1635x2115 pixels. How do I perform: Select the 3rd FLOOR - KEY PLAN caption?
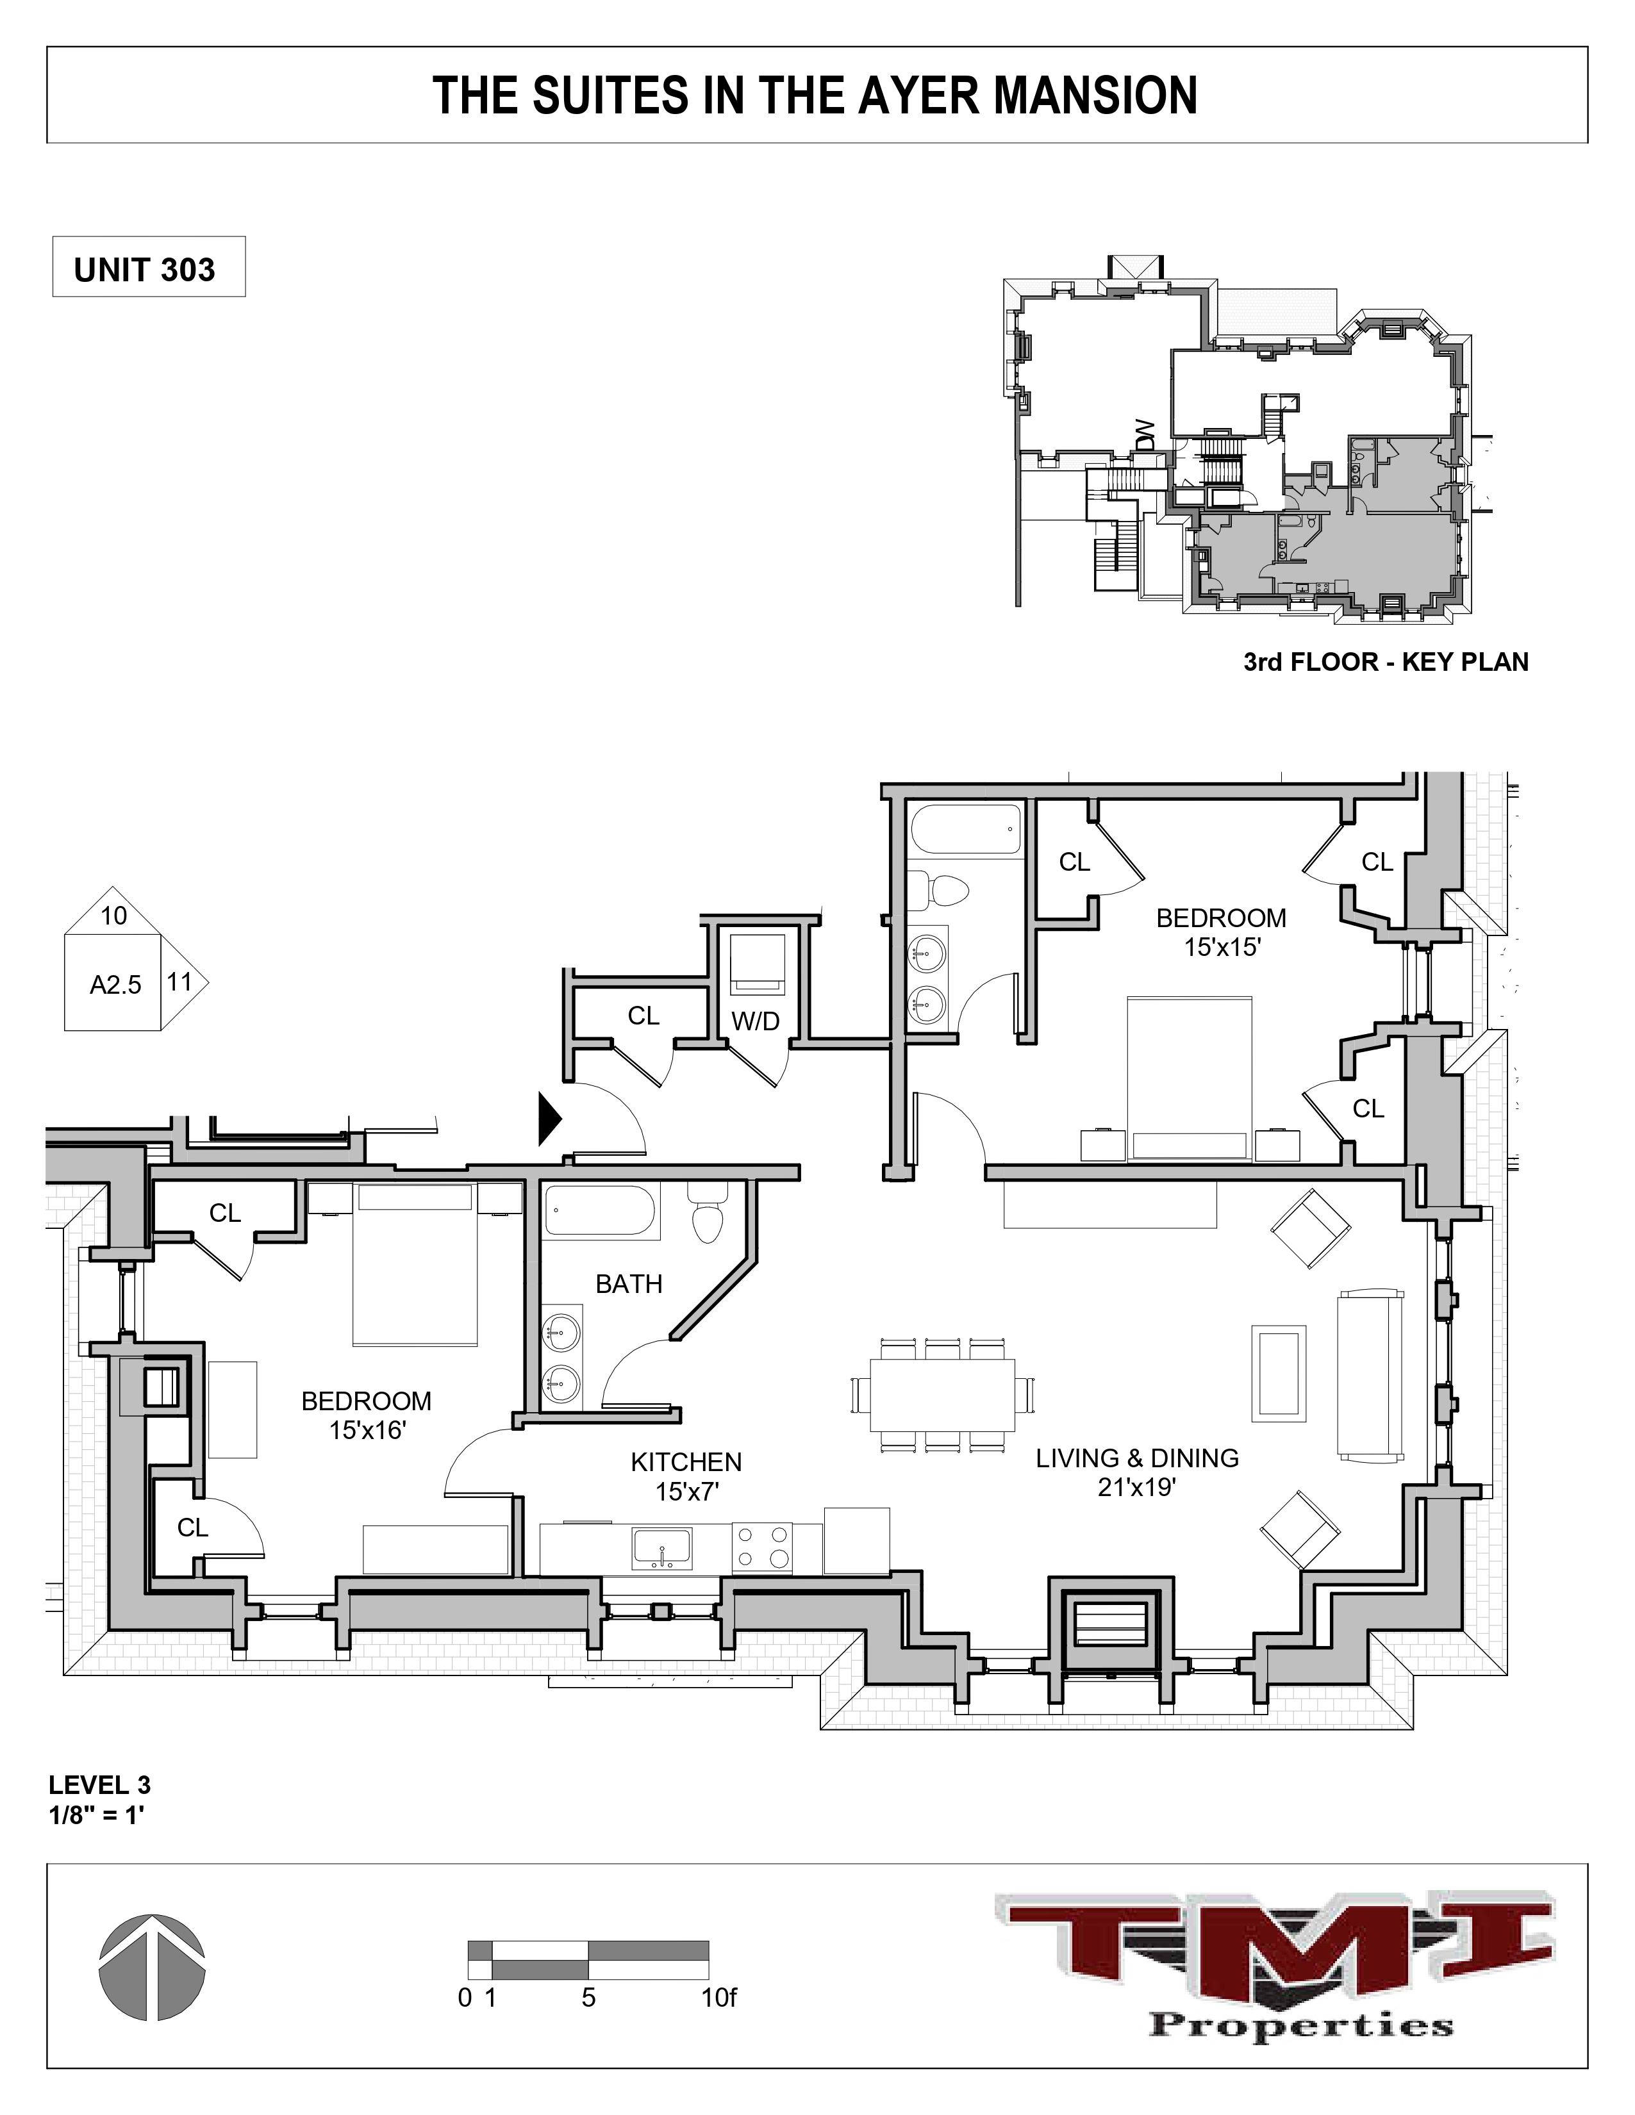(x=1385, y=662)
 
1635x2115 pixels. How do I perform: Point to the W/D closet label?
(x=756, y=1021)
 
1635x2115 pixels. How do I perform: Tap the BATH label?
(x=629, y=1284)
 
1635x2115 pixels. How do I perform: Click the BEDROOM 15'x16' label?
(x=366, y=1415)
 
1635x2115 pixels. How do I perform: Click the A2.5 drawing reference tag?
(x=115, y=985)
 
